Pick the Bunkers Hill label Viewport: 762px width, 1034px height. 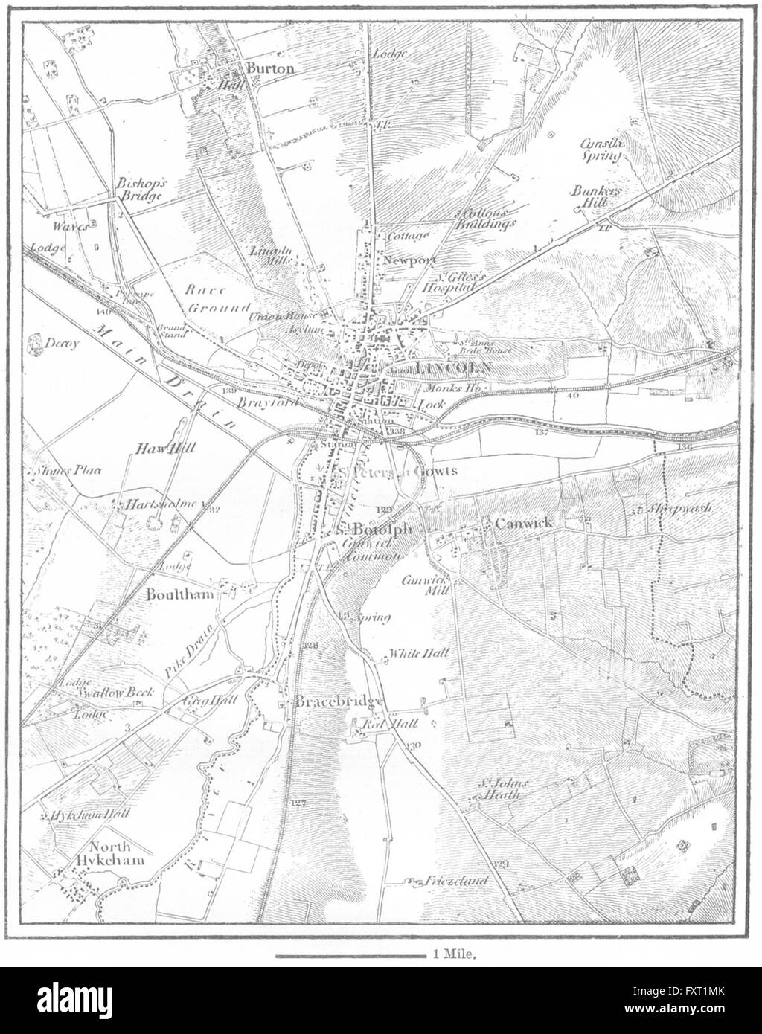pyautogui.click(x=596, y=196)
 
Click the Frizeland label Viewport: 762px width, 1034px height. pyautogui.click(x=457, y=882)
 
